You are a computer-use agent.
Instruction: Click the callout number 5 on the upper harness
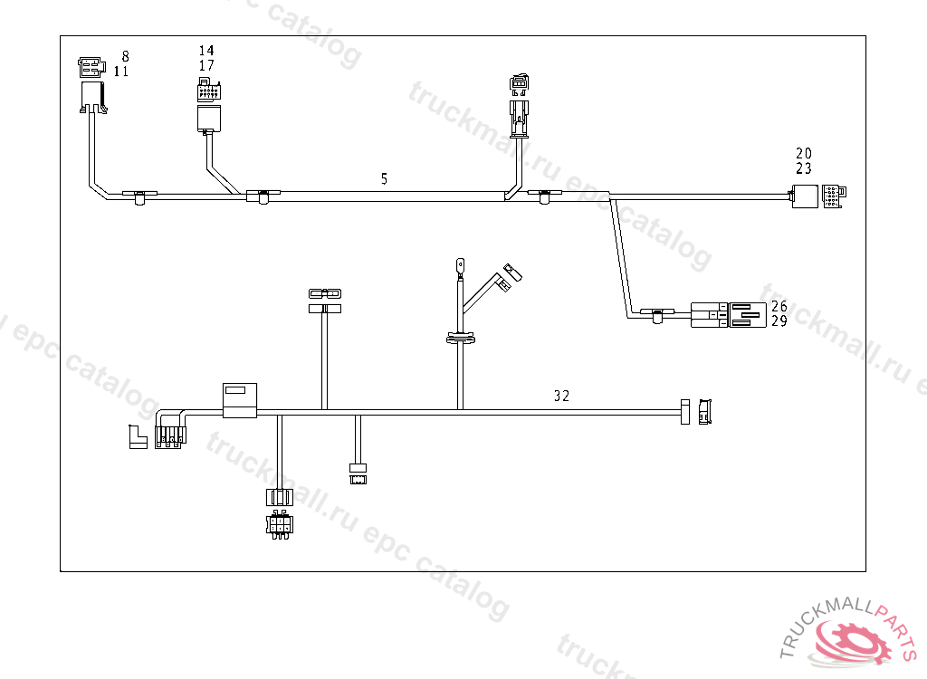click(384, 179)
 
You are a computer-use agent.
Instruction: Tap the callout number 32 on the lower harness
click(561, 396)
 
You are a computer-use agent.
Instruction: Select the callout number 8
click(125, 56)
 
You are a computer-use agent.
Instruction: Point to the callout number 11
click(121, 72)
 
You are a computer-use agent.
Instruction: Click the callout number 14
click(206, 51)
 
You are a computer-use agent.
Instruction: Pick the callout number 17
click(206, 65)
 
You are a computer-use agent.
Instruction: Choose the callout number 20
click(804, 153)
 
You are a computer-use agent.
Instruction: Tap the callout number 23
click(804, 168)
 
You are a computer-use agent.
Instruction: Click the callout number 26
click(779, 306)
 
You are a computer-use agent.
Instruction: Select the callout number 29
click(779, 321)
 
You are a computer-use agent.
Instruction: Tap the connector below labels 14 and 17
click(208, 106)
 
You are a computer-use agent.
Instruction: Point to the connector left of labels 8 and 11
click(91, 85)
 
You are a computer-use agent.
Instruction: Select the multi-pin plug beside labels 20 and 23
click(833, 196)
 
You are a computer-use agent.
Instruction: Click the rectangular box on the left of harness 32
click(240, 399)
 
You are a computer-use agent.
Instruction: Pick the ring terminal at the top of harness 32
click(459, 266)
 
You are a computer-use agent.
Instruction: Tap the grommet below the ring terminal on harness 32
click(460, 339)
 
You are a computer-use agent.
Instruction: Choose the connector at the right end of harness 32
click(704, 412)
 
